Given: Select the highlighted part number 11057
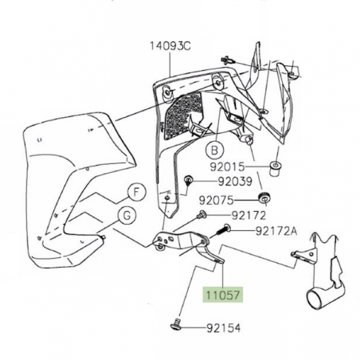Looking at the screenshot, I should (225, 294).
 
